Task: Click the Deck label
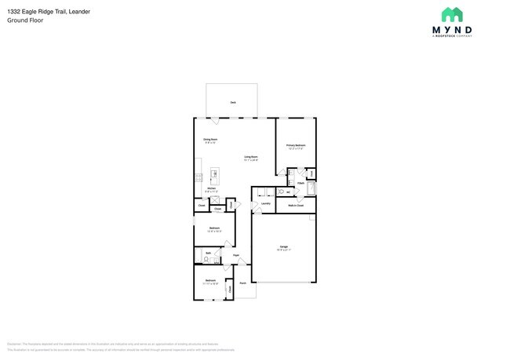(x=233, y=103)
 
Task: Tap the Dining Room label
(x=210, y=140)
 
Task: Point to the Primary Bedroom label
(x=296, y=145)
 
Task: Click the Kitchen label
(x=211, y=188)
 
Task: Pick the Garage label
(x=283, y=247)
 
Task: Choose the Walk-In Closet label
(x=296, y=205)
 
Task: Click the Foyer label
(x=235, y=256)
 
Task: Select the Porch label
(x=243, y=283)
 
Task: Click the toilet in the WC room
(x=281, y=191)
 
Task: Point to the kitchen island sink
(x=214, y=173)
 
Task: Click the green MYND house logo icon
(x=452, y=15)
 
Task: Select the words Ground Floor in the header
(x=25, y=21)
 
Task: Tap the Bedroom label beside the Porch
(x=210, y=280)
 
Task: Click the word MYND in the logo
(x=452, y=30)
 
